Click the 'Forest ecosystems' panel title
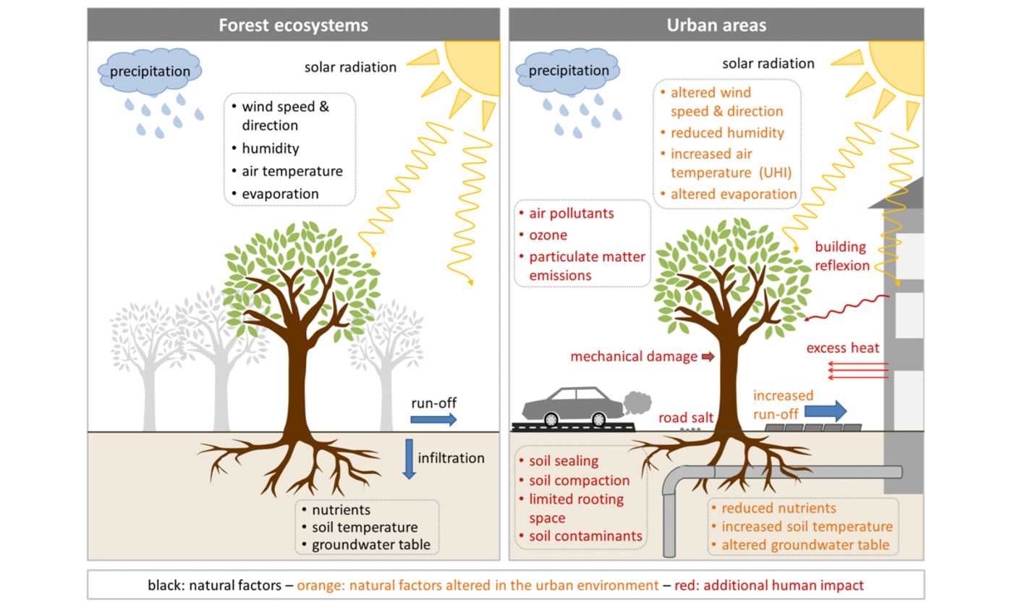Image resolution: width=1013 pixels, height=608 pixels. tap(294, 25)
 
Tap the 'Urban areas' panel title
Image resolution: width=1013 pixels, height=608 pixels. tap(716, 25)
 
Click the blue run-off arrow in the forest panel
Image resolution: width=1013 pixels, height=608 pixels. tap(433, 419)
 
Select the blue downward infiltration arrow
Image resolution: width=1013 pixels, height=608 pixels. tap(409, 458)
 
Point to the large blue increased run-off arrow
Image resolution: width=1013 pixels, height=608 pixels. tap(826, 411)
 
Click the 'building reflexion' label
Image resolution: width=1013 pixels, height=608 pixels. tap(842, 256)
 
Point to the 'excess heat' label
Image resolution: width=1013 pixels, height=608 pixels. tap(842, 348)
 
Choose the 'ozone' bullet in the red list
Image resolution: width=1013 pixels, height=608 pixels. tap(548, 235)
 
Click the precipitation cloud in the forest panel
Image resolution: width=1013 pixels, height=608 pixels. tap(150, 71)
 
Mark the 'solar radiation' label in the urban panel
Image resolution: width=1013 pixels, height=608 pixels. tap(768, 64)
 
